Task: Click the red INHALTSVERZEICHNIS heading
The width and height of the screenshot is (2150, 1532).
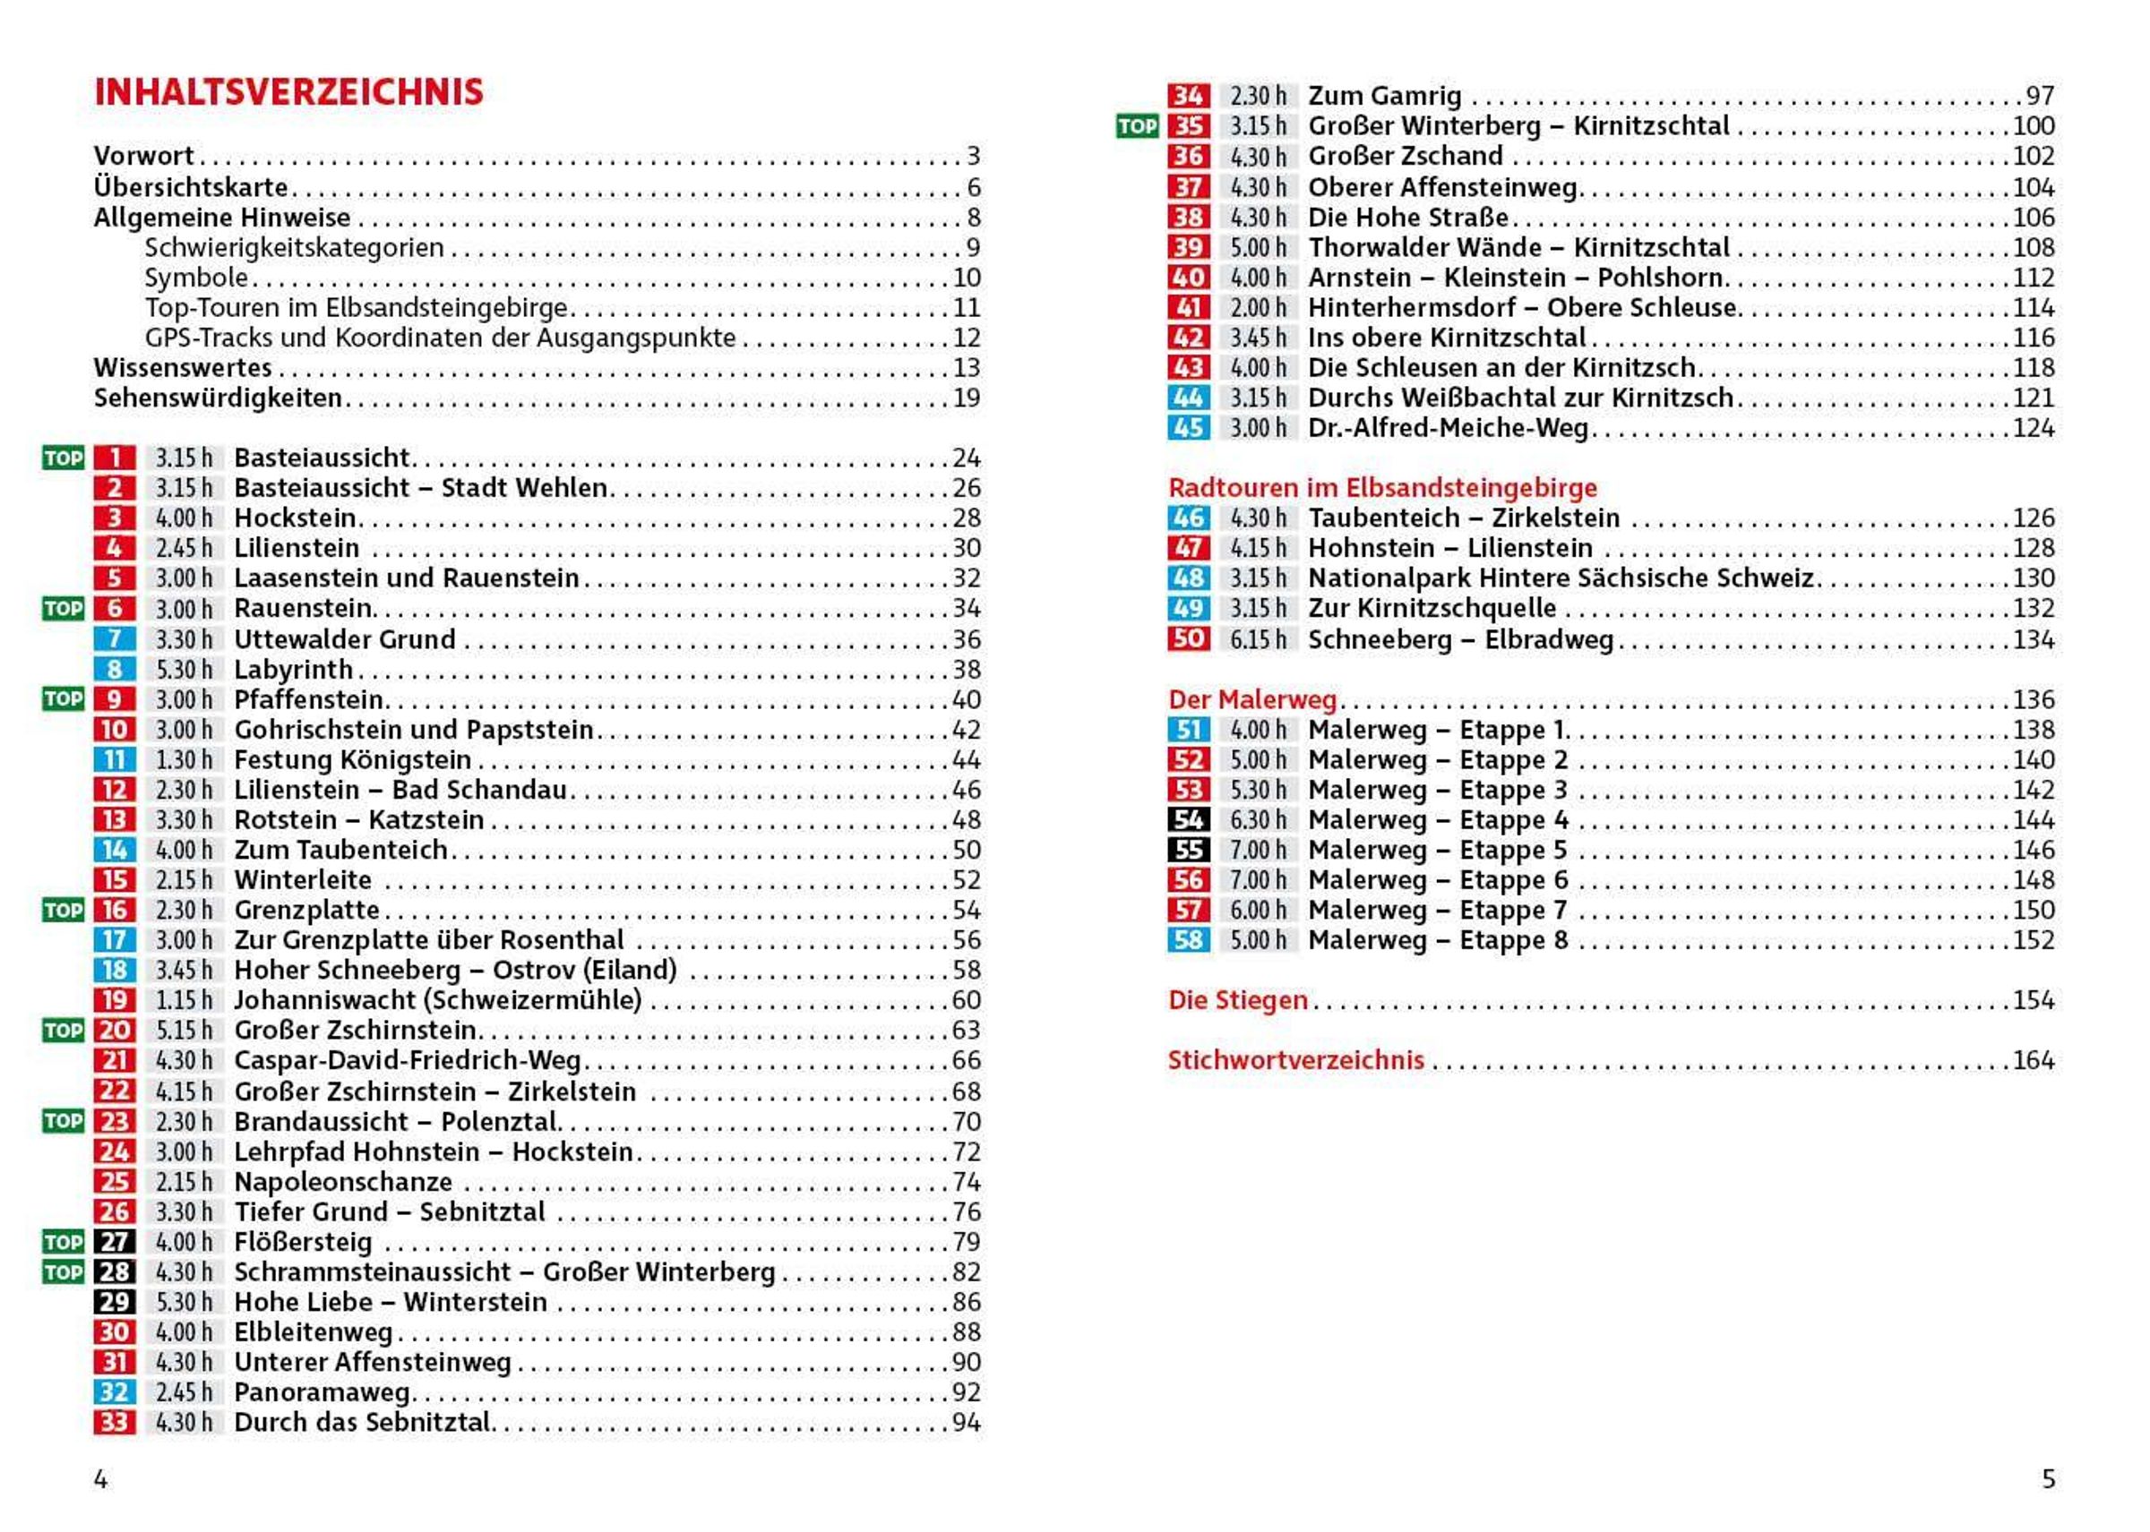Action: [x=288, y=91]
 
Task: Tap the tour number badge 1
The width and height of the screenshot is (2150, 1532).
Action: [x=114, y=458]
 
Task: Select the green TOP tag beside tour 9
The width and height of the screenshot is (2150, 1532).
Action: [x=64, y=699]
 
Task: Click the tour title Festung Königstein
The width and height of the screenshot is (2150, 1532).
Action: [x=352, y=759]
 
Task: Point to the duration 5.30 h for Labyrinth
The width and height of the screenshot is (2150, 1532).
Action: [x=184, y=670]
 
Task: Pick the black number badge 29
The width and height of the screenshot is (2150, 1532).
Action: [x=114, y=1302]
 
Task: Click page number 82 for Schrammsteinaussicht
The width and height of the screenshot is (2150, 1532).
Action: [x=966, y=1271]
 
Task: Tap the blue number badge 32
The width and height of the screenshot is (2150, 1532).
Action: [x=114, y=1392]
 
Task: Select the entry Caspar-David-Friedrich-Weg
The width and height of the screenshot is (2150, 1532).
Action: [x=407, y=1060]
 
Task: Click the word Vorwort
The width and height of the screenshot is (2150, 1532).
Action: [x=143, y=156]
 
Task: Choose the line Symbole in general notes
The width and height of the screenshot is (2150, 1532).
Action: [x=196, y=278]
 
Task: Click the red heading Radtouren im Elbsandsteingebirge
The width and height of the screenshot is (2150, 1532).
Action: [x=1381, y=488]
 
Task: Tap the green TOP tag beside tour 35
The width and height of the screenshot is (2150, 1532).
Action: [x=1138, y=126]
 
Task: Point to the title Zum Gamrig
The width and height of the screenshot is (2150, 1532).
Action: [x=1384, y=96]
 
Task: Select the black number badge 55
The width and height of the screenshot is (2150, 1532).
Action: [x=1187, y=850]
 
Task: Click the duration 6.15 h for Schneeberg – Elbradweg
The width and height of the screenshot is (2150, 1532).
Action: [x=1257, y=639]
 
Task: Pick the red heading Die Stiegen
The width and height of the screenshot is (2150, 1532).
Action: [x=1237, y=1000]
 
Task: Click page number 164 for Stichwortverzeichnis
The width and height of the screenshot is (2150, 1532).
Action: [x=2033, y=1060]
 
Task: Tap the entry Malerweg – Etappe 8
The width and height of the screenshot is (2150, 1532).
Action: [x=1438, y=940]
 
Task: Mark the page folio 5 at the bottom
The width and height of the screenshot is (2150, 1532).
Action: [x=2048, y=1479]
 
